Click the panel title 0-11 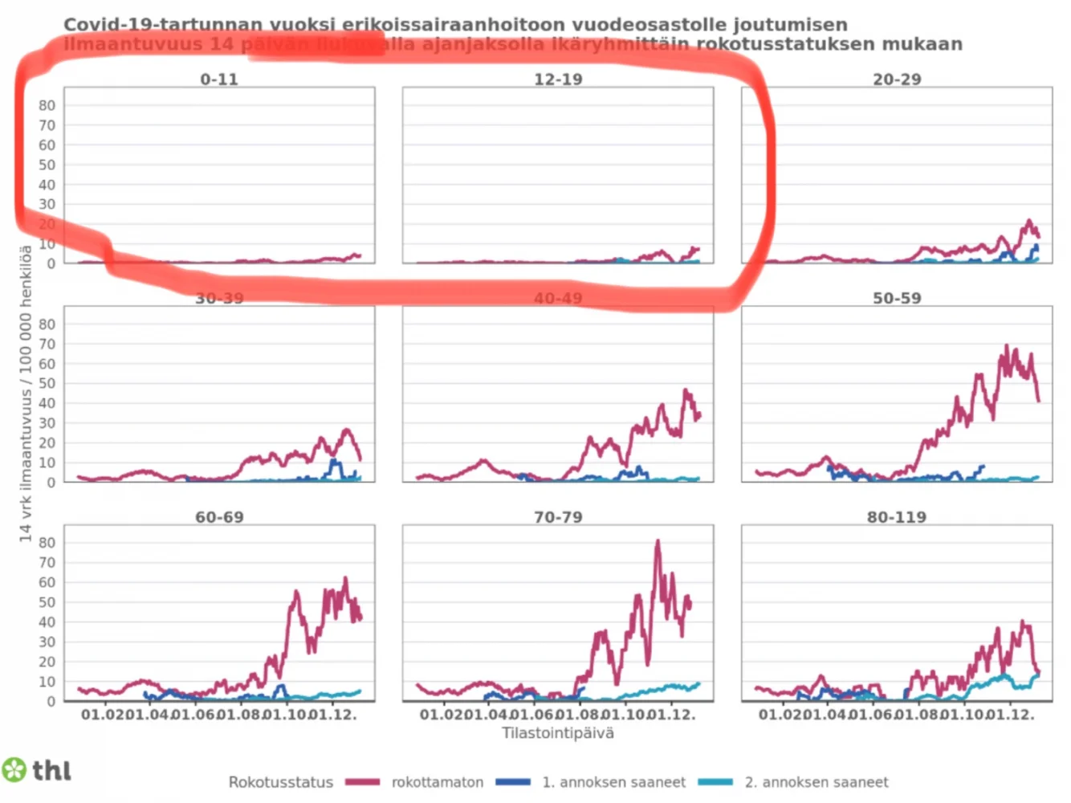tap(219, 79)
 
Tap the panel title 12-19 tap(558, 79)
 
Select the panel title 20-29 tap(897, 79)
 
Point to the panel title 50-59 tap(897, 298)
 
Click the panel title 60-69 tap(219, 517)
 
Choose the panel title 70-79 tap(558, 517)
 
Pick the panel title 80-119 tap(897, 517)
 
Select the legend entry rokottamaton tap(437, 782)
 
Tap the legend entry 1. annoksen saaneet tap(613, 782)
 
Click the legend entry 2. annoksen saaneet tap(816, 782)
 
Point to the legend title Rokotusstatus tap(280, 782)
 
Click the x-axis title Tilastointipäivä tap(558, 732)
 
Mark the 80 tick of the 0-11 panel tap(47, 105)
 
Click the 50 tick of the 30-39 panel tap(47, 384)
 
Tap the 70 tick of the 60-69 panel tap(47, 563)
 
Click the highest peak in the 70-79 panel tap(658, 542)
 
